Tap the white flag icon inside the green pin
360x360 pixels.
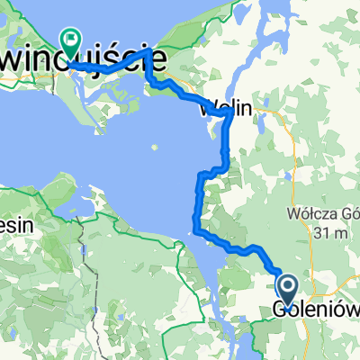pyautogui.click(x=70, y=38)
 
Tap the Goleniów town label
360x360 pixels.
pyautogui.click(x=315, y=311)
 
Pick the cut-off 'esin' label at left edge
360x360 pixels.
pyautogui.click(x=16, y=226)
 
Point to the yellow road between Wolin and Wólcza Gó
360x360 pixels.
pyautogui.click(x=288, y=144)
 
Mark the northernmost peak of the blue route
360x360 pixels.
pyautogui.click(x=148, y=53)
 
